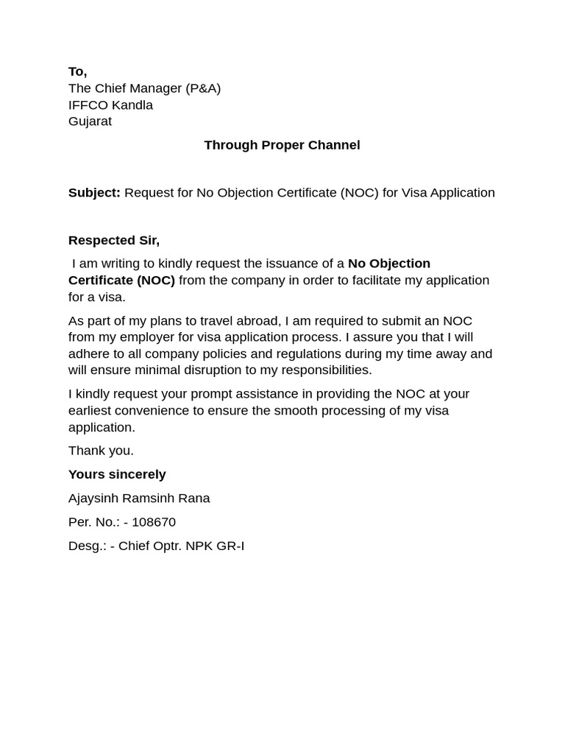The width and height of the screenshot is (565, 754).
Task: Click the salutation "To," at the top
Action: (x=77, y=71)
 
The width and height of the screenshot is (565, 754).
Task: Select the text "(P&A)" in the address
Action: (x=203, y=88)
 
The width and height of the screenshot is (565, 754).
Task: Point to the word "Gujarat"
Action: (x=90, y=121)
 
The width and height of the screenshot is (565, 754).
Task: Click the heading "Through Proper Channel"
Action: (x=282, y=145)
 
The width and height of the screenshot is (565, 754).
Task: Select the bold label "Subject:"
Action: (x=94, y=193)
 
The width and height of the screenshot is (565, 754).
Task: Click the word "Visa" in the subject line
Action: (x=414, y=193)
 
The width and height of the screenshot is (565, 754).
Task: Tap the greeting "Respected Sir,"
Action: (x=114, y=240)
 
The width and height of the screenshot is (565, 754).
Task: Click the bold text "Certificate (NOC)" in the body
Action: (x=121, y=281)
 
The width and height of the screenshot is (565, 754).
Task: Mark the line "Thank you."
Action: (x=101, y=451)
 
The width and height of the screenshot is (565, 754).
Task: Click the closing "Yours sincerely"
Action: (x=117, y=474)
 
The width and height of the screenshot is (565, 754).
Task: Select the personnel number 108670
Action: (x=154, y=522)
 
